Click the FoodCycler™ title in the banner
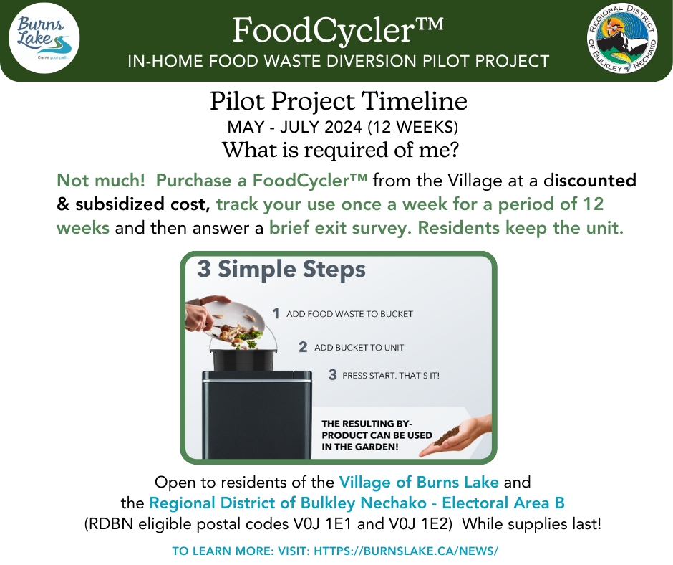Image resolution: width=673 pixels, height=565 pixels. [338, 30]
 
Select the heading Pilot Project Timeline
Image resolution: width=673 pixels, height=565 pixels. [338, 101]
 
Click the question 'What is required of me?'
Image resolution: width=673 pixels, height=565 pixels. [337, 151]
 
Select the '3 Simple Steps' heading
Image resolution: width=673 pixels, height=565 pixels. [281, 270]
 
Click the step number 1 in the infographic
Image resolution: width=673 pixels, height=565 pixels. [276, 313]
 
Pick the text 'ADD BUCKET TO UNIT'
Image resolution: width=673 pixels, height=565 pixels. [359, 348]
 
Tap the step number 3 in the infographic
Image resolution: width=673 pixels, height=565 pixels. [332, 375]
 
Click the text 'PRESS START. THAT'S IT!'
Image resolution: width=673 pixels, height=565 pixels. [390, 376]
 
